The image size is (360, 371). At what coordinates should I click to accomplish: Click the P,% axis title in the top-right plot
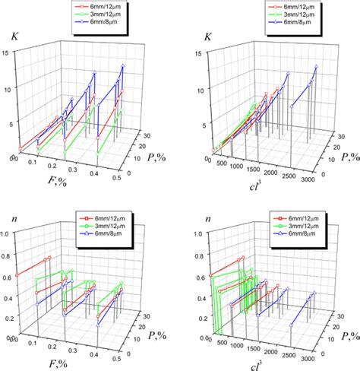point(343,157)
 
